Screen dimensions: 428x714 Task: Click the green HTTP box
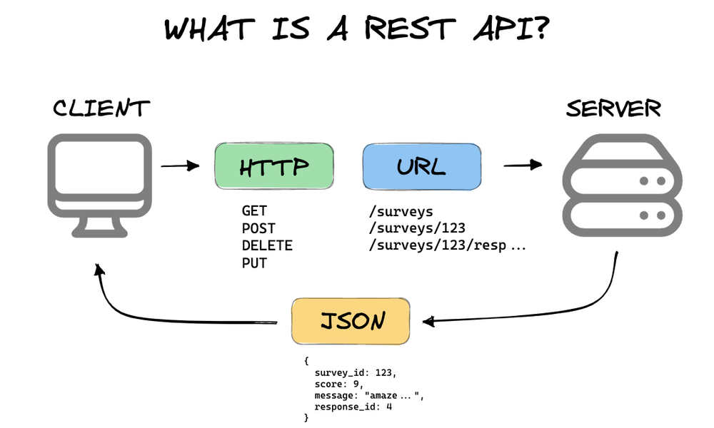coord(274,167)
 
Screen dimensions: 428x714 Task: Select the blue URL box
coord(421,167)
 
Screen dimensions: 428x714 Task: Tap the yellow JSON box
coord(351,322)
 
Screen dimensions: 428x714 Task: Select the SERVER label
coord(613,108)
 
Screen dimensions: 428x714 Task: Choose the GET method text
coord(254,211)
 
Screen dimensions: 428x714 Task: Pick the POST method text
coord(258,228)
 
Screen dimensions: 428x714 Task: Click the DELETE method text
coord(266,245)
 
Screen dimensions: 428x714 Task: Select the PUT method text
coord(254,263)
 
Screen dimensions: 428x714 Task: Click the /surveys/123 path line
coord(417,228)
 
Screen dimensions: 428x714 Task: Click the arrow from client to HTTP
coord(179,167)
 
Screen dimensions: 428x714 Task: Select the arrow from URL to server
coord(522,165)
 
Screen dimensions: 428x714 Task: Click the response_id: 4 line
coord(353,407)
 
